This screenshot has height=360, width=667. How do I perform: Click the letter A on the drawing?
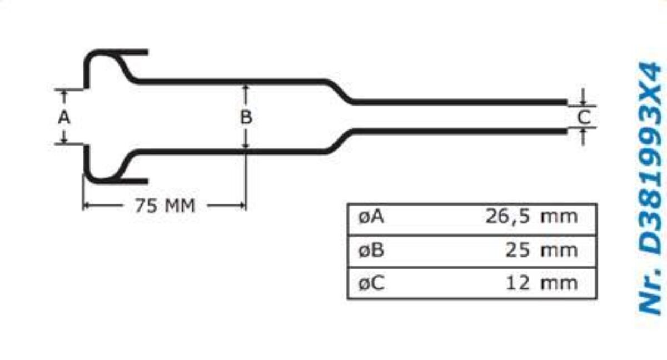(64, 118)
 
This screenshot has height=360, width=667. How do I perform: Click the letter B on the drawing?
(246, 117)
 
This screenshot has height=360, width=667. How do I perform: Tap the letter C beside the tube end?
(584, 117)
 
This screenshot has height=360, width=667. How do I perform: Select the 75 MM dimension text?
(165, 206)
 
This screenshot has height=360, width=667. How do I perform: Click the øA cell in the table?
(371, 217)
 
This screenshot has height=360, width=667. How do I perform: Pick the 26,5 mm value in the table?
(531, 216)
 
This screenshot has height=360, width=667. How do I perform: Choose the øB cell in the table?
(371, 250)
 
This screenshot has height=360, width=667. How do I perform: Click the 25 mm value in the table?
(541, 250)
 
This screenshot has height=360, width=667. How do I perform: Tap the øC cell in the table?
(371, 283)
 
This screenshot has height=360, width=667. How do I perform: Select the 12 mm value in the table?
(541, 283)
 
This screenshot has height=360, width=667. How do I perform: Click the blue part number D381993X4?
(651, 158)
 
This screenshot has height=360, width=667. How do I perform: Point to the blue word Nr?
(651, 290)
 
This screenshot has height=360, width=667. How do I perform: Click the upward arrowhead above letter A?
(64, 93)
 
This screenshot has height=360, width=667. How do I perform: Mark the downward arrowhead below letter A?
(64, 140)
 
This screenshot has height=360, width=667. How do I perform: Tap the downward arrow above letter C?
(583, 97)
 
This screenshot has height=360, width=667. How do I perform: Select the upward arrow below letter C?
(583, 137)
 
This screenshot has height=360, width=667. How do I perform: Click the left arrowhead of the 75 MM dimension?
(87, 206)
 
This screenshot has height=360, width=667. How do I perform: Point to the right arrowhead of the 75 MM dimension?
(242, 206)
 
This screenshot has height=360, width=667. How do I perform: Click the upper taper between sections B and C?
(340, 91)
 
